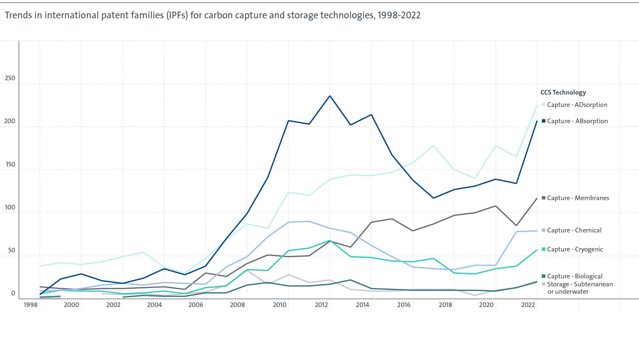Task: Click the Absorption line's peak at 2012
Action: (330, 96)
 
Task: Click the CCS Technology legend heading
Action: (563, 93)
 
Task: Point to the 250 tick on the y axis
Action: (9, 78)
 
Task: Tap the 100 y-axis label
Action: (9, 207)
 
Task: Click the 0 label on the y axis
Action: (13, 293)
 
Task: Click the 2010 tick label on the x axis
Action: (280, 305)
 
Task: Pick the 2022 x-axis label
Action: (528, 305)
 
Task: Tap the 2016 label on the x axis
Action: (404, 305)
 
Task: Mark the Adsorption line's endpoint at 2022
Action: (537, 105)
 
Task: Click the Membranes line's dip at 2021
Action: (516, 225)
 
